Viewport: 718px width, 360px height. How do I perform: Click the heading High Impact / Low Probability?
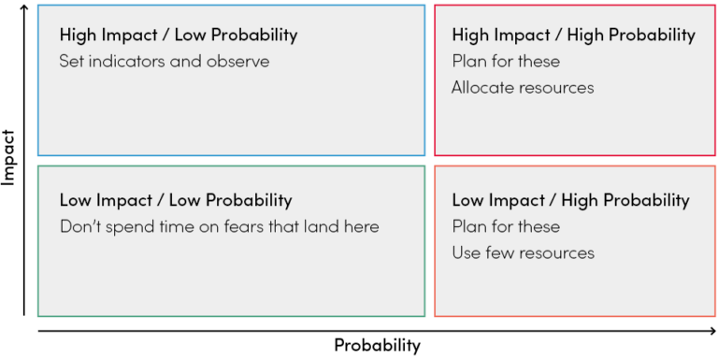click(178, 35)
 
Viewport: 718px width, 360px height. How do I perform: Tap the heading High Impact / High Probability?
click(573, 35)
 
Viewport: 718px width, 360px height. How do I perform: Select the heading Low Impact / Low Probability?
click(176, 200)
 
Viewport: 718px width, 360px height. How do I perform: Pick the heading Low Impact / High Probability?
click(570, 200)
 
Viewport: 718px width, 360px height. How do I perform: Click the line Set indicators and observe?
click(164, 62)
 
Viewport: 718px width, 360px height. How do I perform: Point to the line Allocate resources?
click(522, 88)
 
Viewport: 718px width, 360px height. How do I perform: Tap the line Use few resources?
click(522, 252)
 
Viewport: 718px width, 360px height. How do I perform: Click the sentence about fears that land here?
click(219, 226)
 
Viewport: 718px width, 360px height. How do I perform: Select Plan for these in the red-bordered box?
click(506, 62)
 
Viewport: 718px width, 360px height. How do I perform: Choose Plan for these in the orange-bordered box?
click(506, 226)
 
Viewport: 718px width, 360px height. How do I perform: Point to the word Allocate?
click(482, 88)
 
